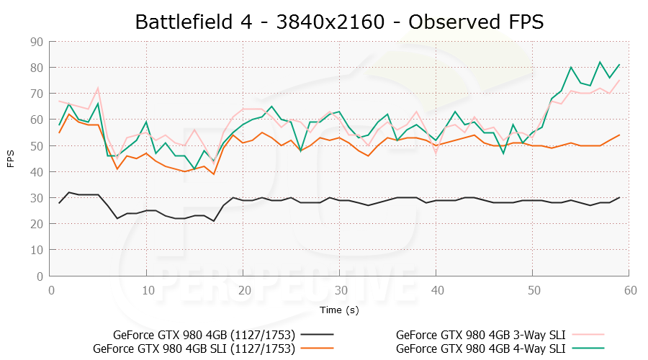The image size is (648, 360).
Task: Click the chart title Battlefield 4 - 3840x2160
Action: [x=338, y=22]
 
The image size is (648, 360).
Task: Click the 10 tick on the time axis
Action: [x=147, y=289]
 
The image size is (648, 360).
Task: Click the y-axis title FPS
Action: [x=11, y=159]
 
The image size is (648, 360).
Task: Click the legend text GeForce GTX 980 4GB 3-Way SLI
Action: [x=480, y=335]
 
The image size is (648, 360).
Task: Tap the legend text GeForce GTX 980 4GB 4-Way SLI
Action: [x=480, y=348]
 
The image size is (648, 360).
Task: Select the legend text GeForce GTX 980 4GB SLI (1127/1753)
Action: [x=194, y=348]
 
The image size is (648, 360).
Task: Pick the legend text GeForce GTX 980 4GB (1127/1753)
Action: [x=204, y=335]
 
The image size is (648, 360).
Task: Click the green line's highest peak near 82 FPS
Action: [x=600, y=63]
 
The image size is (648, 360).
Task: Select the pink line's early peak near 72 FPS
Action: [x=98, y=89]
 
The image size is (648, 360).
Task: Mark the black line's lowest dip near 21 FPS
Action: [x=214, y=221]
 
